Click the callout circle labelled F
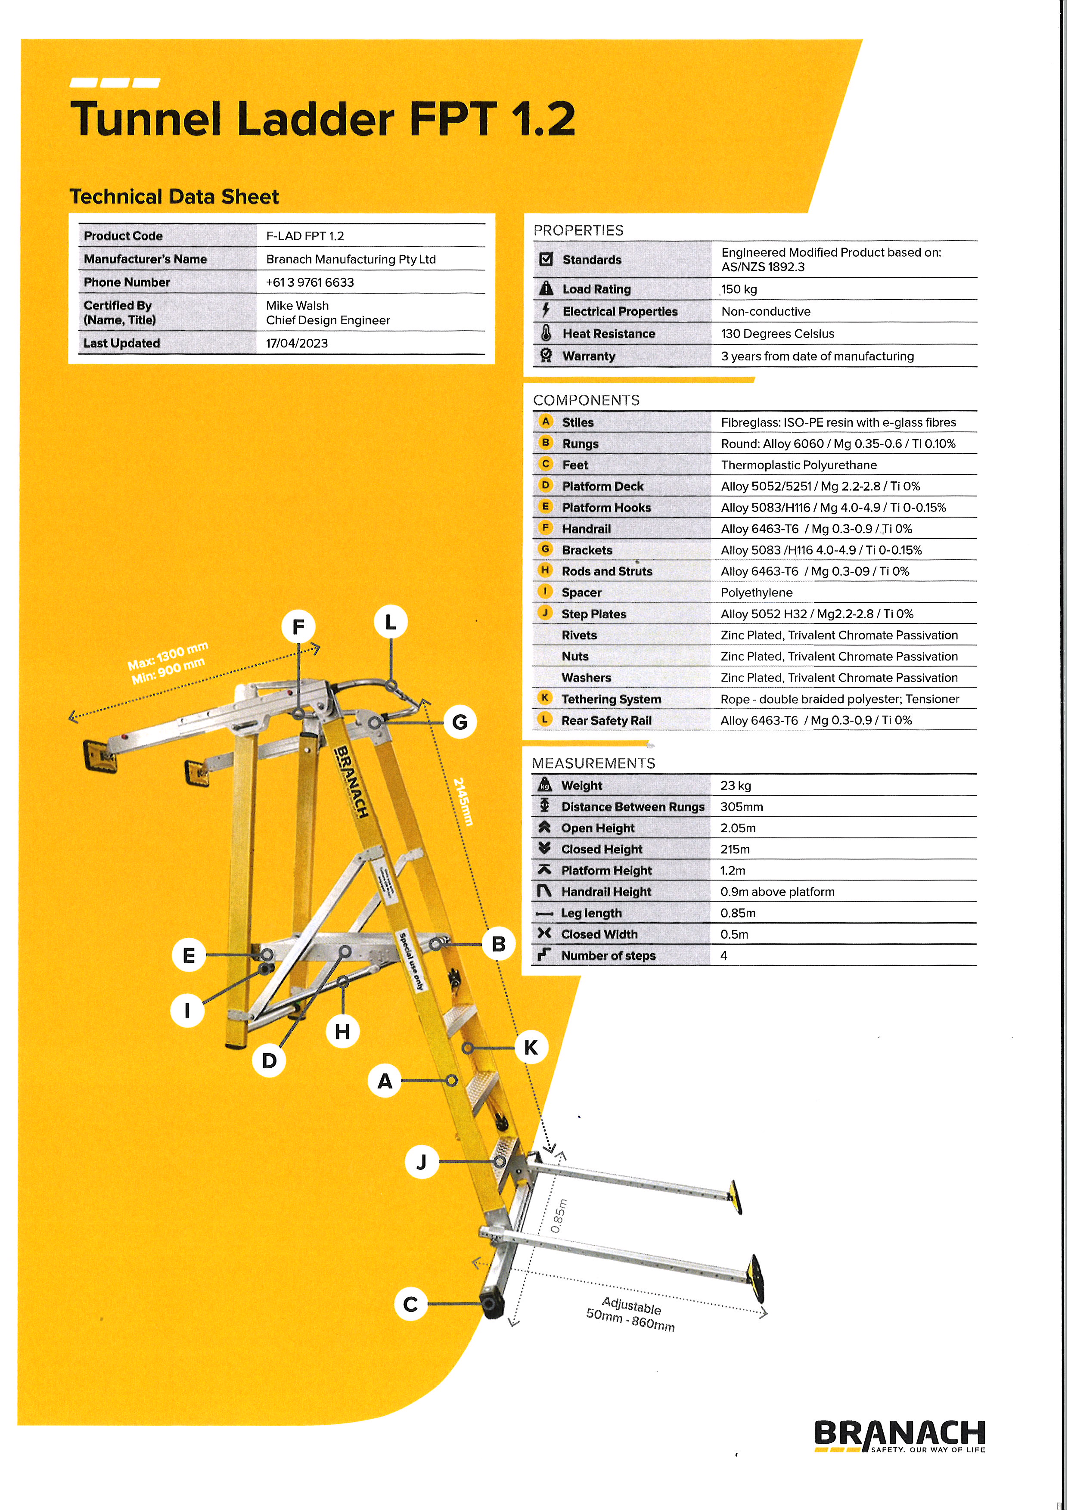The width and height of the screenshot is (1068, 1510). [298, 627]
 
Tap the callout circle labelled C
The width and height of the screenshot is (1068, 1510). [410, 1304]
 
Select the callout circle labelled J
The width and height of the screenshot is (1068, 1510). [422, 1162]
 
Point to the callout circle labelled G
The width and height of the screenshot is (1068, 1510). [459, 722]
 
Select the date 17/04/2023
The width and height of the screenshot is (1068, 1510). [297, 343]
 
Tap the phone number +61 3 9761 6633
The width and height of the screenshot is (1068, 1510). [310, 282]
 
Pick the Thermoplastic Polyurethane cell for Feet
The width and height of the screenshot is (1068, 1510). [798, 465]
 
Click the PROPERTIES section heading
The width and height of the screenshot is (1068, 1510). [578, 230]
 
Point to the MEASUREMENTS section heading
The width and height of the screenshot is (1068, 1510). [593, 763]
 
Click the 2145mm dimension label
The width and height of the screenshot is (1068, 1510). [463, 802]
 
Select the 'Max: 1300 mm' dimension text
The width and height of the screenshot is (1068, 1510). [168, 655]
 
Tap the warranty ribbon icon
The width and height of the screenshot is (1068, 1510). [545, 356]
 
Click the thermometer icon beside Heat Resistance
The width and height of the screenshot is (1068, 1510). [545, 333]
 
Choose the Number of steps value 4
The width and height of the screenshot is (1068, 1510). [723, 955]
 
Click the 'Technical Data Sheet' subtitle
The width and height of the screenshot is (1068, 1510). [174, 197]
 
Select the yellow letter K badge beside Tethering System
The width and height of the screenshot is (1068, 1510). [544, 698]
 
